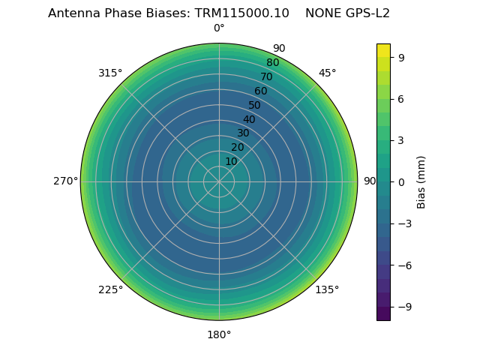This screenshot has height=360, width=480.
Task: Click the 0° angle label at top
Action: pyautogui.click(x=219, y=28)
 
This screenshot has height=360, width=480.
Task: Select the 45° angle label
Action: pyautogui.click(x=327, y=73)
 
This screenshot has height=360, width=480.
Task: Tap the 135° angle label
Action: pyautogui.click(x=327, y=289)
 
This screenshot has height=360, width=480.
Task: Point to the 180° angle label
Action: pyautogui.click(x=219, y=334)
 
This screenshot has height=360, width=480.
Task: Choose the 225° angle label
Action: pyautogui.click(x=110, y=289)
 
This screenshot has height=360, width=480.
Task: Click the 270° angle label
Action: pyautogui.click(x=65, y=181)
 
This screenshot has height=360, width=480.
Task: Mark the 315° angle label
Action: pyautogui.click(x=110, y=73)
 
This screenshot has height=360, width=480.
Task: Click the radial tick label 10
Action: pyautogui.click(x=231, y=162)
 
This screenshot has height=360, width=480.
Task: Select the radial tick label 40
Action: pyautogui.click(x=249, y=119)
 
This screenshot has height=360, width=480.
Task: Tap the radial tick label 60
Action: pyautogui.click(x=260, y=91)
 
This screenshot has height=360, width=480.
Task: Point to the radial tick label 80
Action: pyautogui.click(x=272, y=63)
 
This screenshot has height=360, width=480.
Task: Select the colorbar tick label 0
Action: pyautogui.click(x=401, y=181)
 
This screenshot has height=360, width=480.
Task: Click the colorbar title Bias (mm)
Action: pyautogui.click(x=421, y=181)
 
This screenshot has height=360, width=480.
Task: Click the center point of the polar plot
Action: pyautogui.click(x=219, y=181)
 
